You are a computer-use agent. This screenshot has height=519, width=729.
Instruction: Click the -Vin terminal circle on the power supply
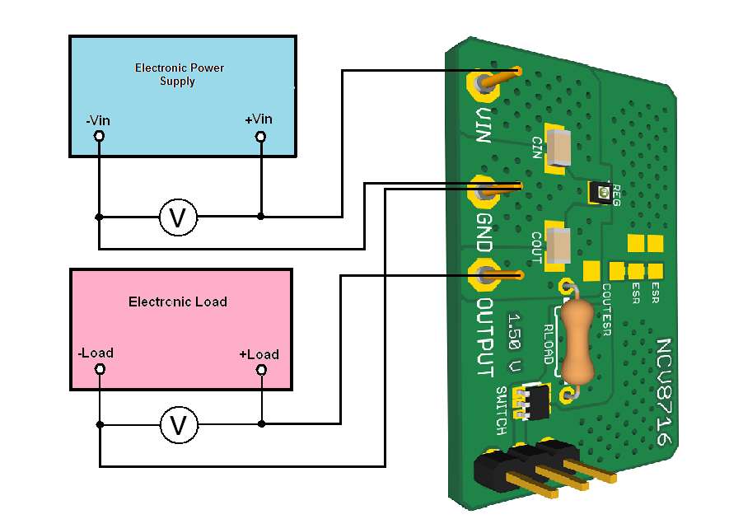point(99,136)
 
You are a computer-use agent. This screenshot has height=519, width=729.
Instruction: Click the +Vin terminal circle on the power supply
point(261,136)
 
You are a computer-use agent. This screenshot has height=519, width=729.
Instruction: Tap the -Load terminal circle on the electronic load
point(100,370)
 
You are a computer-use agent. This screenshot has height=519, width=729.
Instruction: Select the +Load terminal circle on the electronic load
point(261,370)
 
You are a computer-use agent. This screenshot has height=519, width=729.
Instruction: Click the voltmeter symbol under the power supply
point(177,217)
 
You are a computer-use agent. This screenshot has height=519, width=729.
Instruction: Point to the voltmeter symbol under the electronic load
point(177,425)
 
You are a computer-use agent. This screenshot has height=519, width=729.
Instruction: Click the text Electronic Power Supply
point(179,74)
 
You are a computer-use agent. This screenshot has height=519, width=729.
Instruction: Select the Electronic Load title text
point(177,302)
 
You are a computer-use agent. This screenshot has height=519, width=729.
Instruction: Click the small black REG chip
point(604,194)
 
